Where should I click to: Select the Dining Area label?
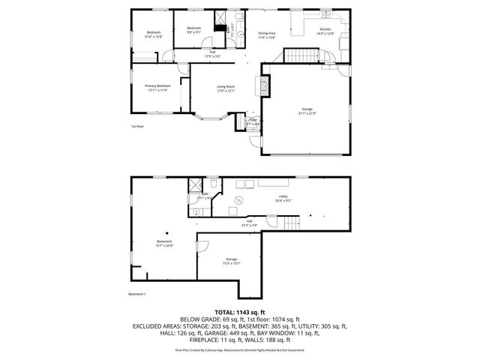coord(267,33)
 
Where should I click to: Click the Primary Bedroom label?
coord(158,85)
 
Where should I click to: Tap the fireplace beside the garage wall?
coord(264,88)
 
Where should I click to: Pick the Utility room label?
coord(283,196)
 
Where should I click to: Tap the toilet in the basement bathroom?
coord(214,184)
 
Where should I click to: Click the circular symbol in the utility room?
coord(239,199)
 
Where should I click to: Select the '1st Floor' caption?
coord(138,127)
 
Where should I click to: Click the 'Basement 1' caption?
coord(136,293)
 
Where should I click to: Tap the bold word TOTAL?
coord(226,311)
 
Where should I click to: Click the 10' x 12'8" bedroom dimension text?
coord(154,36)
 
